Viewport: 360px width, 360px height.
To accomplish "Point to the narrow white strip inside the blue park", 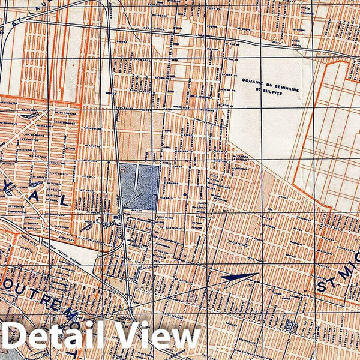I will click(x=139, y=177).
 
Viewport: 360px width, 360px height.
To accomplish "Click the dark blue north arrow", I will click(x=240, y=277).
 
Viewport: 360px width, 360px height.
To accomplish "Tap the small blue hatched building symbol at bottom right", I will click(x=292, y=326).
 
